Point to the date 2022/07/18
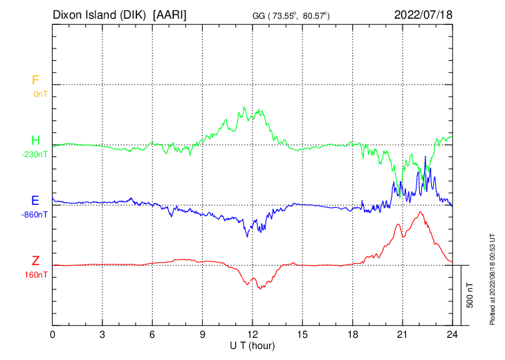(423, 14)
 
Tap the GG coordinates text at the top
(300, 15)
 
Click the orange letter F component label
(35, 80)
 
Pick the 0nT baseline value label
(40, 93)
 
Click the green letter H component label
(35, 141)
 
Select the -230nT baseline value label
(35, 154)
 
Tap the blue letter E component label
(35, 201)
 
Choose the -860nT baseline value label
(35, 215)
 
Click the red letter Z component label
(35, 261)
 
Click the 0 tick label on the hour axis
(53, 334)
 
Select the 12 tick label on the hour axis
(252, 334)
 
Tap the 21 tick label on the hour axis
(403, 334)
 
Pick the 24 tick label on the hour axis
(452, 334)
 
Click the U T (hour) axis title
(253, 345)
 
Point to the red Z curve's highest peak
(420, 212)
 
